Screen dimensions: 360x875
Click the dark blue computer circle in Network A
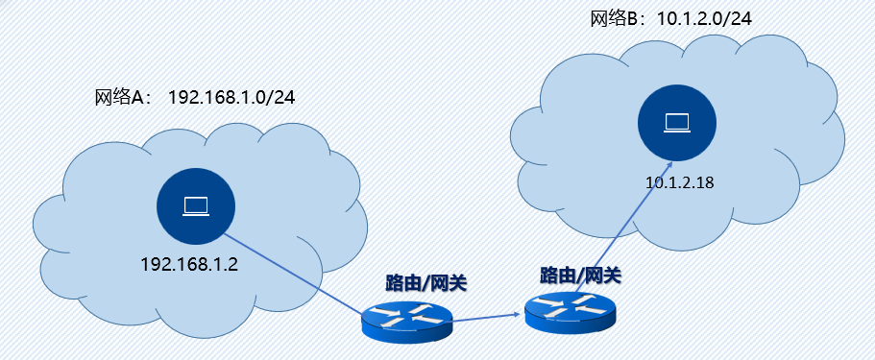pyautogui.click(x=198, y=204)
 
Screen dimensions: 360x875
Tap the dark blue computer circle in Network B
pyautogui.click(x=678, y=121)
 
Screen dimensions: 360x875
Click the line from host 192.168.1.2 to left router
pyautogui.click(x=298, y=273)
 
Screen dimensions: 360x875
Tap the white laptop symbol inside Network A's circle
pyautogui.click(x=198, y=204)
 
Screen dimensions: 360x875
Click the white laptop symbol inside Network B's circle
pyautogui.click(x=678, y=121)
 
